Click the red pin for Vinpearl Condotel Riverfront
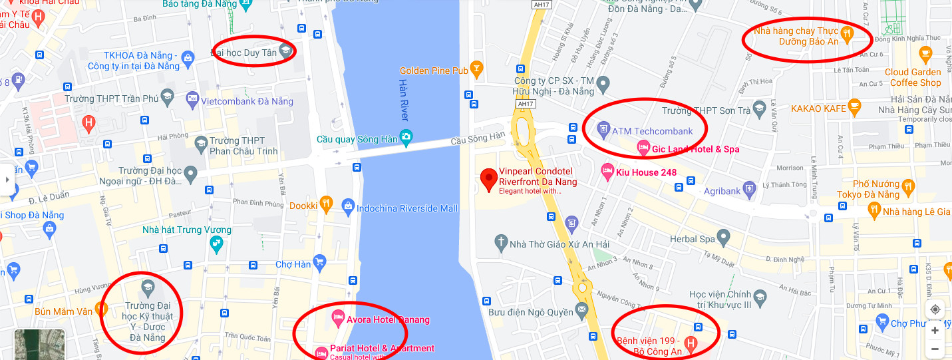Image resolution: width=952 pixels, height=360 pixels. [490, 177]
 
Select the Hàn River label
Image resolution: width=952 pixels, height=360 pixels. [403, 100]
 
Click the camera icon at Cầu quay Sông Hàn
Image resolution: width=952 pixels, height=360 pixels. [406, 137]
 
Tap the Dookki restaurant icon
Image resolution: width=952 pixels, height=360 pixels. [325, 204]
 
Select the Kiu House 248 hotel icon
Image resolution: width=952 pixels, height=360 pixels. [607, 171]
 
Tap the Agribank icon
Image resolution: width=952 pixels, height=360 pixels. [749, 189]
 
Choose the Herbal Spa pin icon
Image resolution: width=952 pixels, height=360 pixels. [723, 238]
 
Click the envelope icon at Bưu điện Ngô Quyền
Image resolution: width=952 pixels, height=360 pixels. [581, 309]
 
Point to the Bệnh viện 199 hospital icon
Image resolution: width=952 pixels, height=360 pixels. [691, 345]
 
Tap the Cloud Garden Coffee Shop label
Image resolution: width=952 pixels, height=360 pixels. [913, 77]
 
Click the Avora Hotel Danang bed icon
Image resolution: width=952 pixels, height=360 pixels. [337, 316]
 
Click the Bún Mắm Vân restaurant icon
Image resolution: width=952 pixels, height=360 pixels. [101, 309]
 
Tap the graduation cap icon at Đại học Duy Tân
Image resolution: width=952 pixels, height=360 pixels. [285, 50]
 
